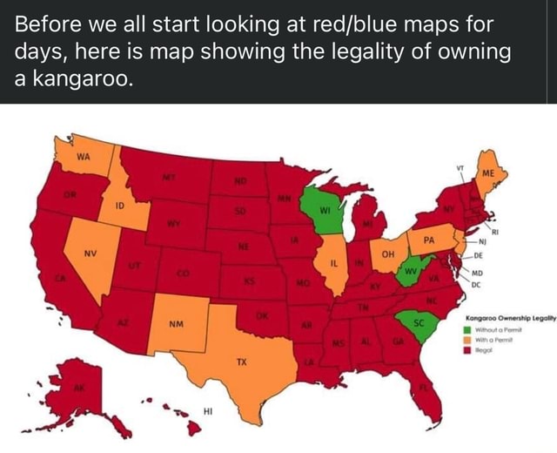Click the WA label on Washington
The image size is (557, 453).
(83, 157)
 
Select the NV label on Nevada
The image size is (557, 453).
(88, 257)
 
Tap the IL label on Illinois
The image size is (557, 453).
(333, 261)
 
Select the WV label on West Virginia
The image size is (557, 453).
(406, 271)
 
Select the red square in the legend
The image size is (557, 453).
(468, 349)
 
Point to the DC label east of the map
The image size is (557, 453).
(476, 283)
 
